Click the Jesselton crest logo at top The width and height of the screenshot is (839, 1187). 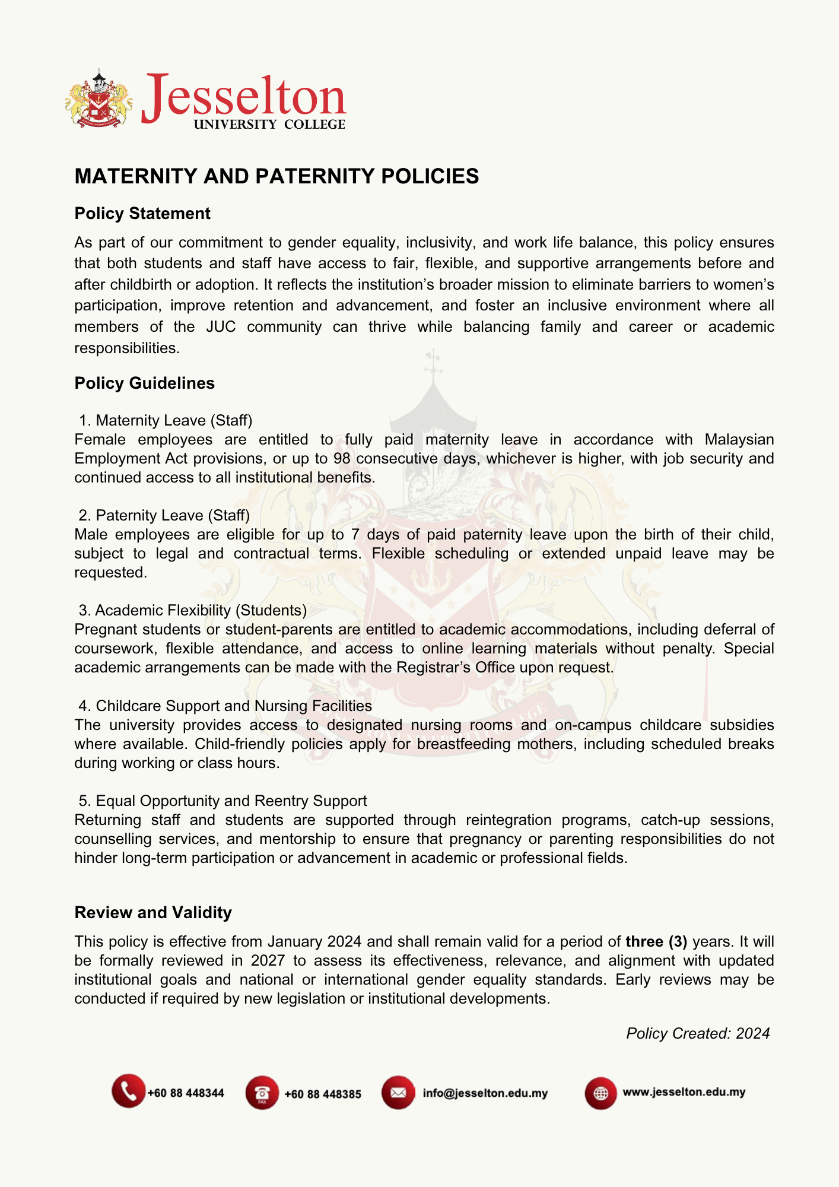98,99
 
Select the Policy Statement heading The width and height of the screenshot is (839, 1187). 142,214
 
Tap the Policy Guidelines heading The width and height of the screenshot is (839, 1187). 144,383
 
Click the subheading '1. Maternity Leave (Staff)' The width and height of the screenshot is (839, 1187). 166,420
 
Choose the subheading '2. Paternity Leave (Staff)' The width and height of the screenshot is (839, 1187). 164,515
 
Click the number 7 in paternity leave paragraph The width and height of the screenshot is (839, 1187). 355,535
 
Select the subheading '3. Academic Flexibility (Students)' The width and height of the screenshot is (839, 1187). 193,610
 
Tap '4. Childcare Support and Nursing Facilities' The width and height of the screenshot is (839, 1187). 225,706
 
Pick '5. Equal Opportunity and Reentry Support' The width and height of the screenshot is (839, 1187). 223,801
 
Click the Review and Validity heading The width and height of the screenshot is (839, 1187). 153,913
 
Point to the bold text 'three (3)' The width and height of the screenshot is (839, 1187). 656,942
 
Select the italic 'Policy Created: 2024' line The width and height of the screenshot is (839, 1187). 698,1034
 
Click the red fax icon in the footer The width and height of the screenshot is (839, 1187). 262,1093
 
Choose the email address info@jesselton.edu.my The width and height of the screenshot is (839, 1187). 485,1093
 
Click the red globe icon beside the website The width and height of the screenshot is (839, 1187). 600,1093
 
